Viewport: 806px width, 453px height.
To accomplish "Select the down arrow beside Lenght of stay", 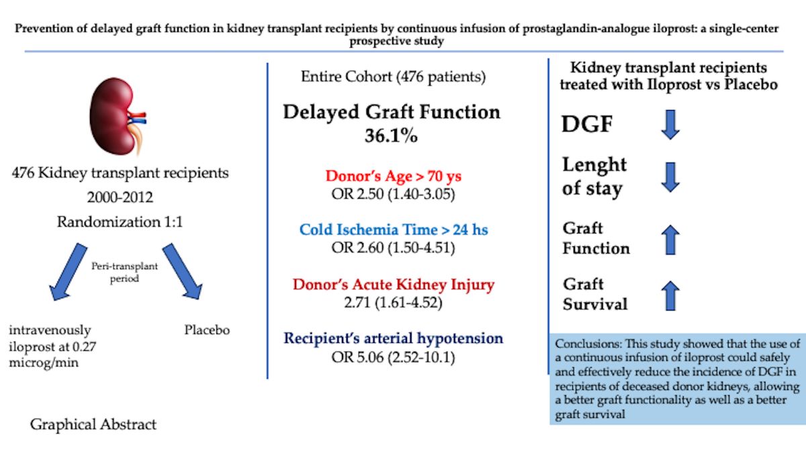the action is pos(670,176).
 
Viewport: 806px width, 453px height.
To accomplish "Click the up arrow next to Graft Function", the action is pos(670,240).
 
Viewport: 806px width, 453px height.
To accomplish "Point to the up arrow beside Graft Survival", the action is pos(670,295).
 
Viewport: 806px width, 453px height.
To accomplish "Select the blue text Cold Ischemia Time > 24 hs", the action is pos(394,230).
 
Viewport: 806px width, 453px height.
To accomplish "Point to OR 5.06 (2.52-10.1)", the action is pos(393,357).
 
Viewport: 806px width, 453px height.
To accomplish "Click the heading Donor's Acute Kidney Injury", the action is pos(394,284).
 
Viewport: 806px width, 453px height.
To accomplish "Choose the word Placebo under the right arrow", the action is pos(207,330).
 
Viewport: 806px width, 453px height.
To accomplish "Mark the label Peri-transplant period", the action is pos(125,272).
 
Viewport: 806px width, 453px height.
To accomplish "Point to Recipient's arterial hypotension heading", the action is pos(393,338).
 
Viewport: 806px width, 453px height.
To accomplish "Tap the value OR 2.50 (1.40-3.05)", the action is pos(391,195).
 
